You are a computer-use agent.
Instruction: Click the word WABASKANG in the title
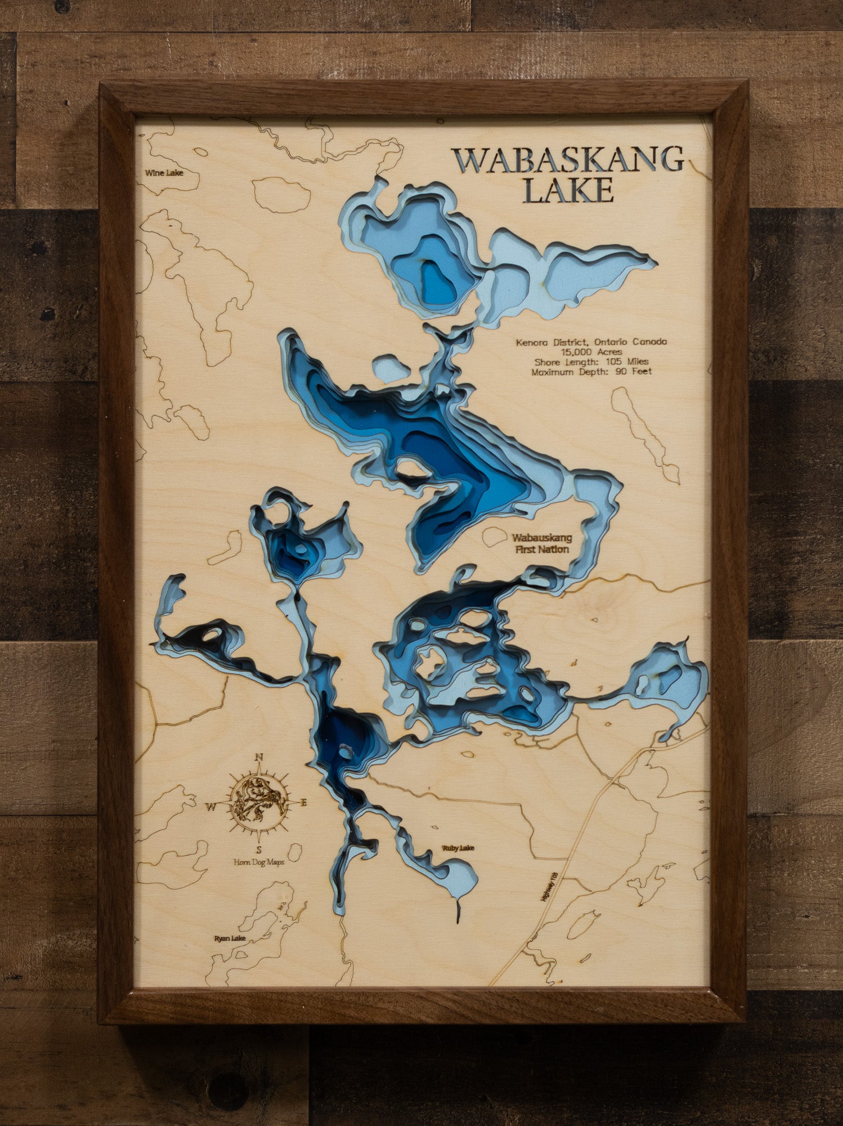568,160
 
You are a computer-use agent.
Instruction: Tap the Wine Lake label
164,173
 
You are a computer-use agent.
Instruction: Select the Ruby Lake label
458,848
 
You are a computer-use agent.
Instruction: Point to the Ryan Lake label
230,939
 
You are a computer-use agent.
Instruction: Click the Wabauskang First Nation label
542,543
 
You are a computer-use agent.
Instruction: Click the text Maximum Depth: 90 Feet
591,372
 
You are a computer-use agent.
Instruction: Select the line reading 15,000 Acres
591,352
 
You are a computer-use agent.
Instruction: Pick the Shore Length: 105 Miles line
591,361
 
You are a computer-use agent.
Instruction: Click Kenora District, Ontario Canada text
591,342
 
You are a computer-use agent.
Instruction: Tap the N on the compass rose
259,757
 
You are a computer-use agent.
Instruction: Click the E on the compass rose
303,803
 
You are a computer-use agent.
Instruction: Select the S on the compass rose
258,850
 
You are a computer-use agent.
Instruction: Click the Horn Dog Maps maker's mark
259,862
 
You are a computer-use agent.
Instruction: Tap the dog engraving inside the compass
258,802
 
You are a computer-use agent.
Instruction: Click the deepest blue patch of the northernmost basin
438,284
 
